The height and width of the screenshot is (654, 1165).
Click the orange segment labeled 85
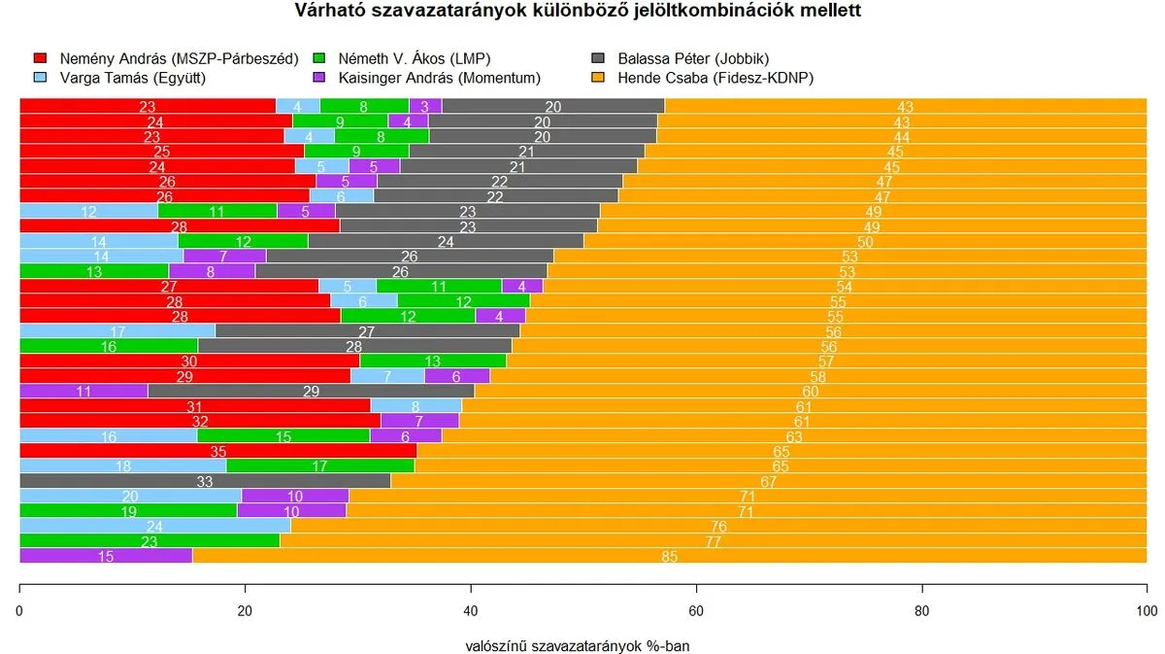pos(669,556)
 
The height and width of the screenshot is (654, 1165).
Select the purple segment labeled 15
pos(106,556)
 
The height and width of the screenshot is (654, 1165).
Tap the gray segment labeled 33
pos(205,480)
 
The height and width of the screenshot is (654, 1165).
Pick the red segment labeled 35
pos(217,451)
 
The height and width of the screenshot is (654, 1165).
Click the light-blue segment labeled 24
pos(155,526)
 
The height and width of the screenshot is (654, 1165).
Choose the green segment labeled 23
pos(150,541)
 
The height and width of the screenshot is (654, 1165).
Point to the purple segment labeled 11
pos(83,391)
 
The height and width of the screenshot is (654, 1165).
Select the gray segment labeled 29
pos(311,391)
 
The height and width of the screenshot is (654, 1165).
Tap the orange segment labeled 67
pos(768,480)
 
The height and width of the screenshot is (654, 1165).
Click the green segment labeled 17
pos(320,465)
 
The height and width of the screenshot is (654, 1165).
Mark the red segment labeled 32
pos(200,421)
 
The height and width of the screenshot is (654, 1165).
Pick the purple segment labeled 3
pos(425,106)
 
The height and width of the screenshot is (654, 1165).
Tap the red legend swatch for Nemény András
pos(40,59)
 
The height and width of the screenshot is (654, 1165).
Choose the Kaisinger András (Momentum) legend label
pos(440,78)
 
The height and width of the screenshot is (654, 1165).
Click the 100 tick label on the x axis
pos(1147,611)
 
